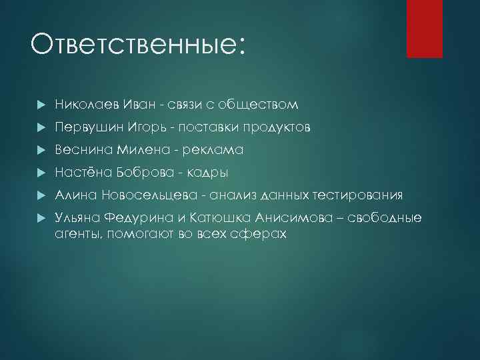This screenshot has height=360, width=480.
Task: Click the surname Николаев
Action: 85,105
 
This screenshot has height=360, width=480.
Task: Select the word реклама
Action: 213,150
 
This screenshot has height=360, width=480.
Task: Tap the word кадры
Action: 207,173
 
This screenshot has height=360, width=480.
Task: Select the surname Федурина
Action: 151,218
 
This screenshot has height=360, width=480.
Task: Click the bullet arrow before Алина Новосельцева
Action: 41,195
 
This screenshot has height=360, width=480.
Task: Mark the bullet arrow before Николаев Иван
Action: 41,105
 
